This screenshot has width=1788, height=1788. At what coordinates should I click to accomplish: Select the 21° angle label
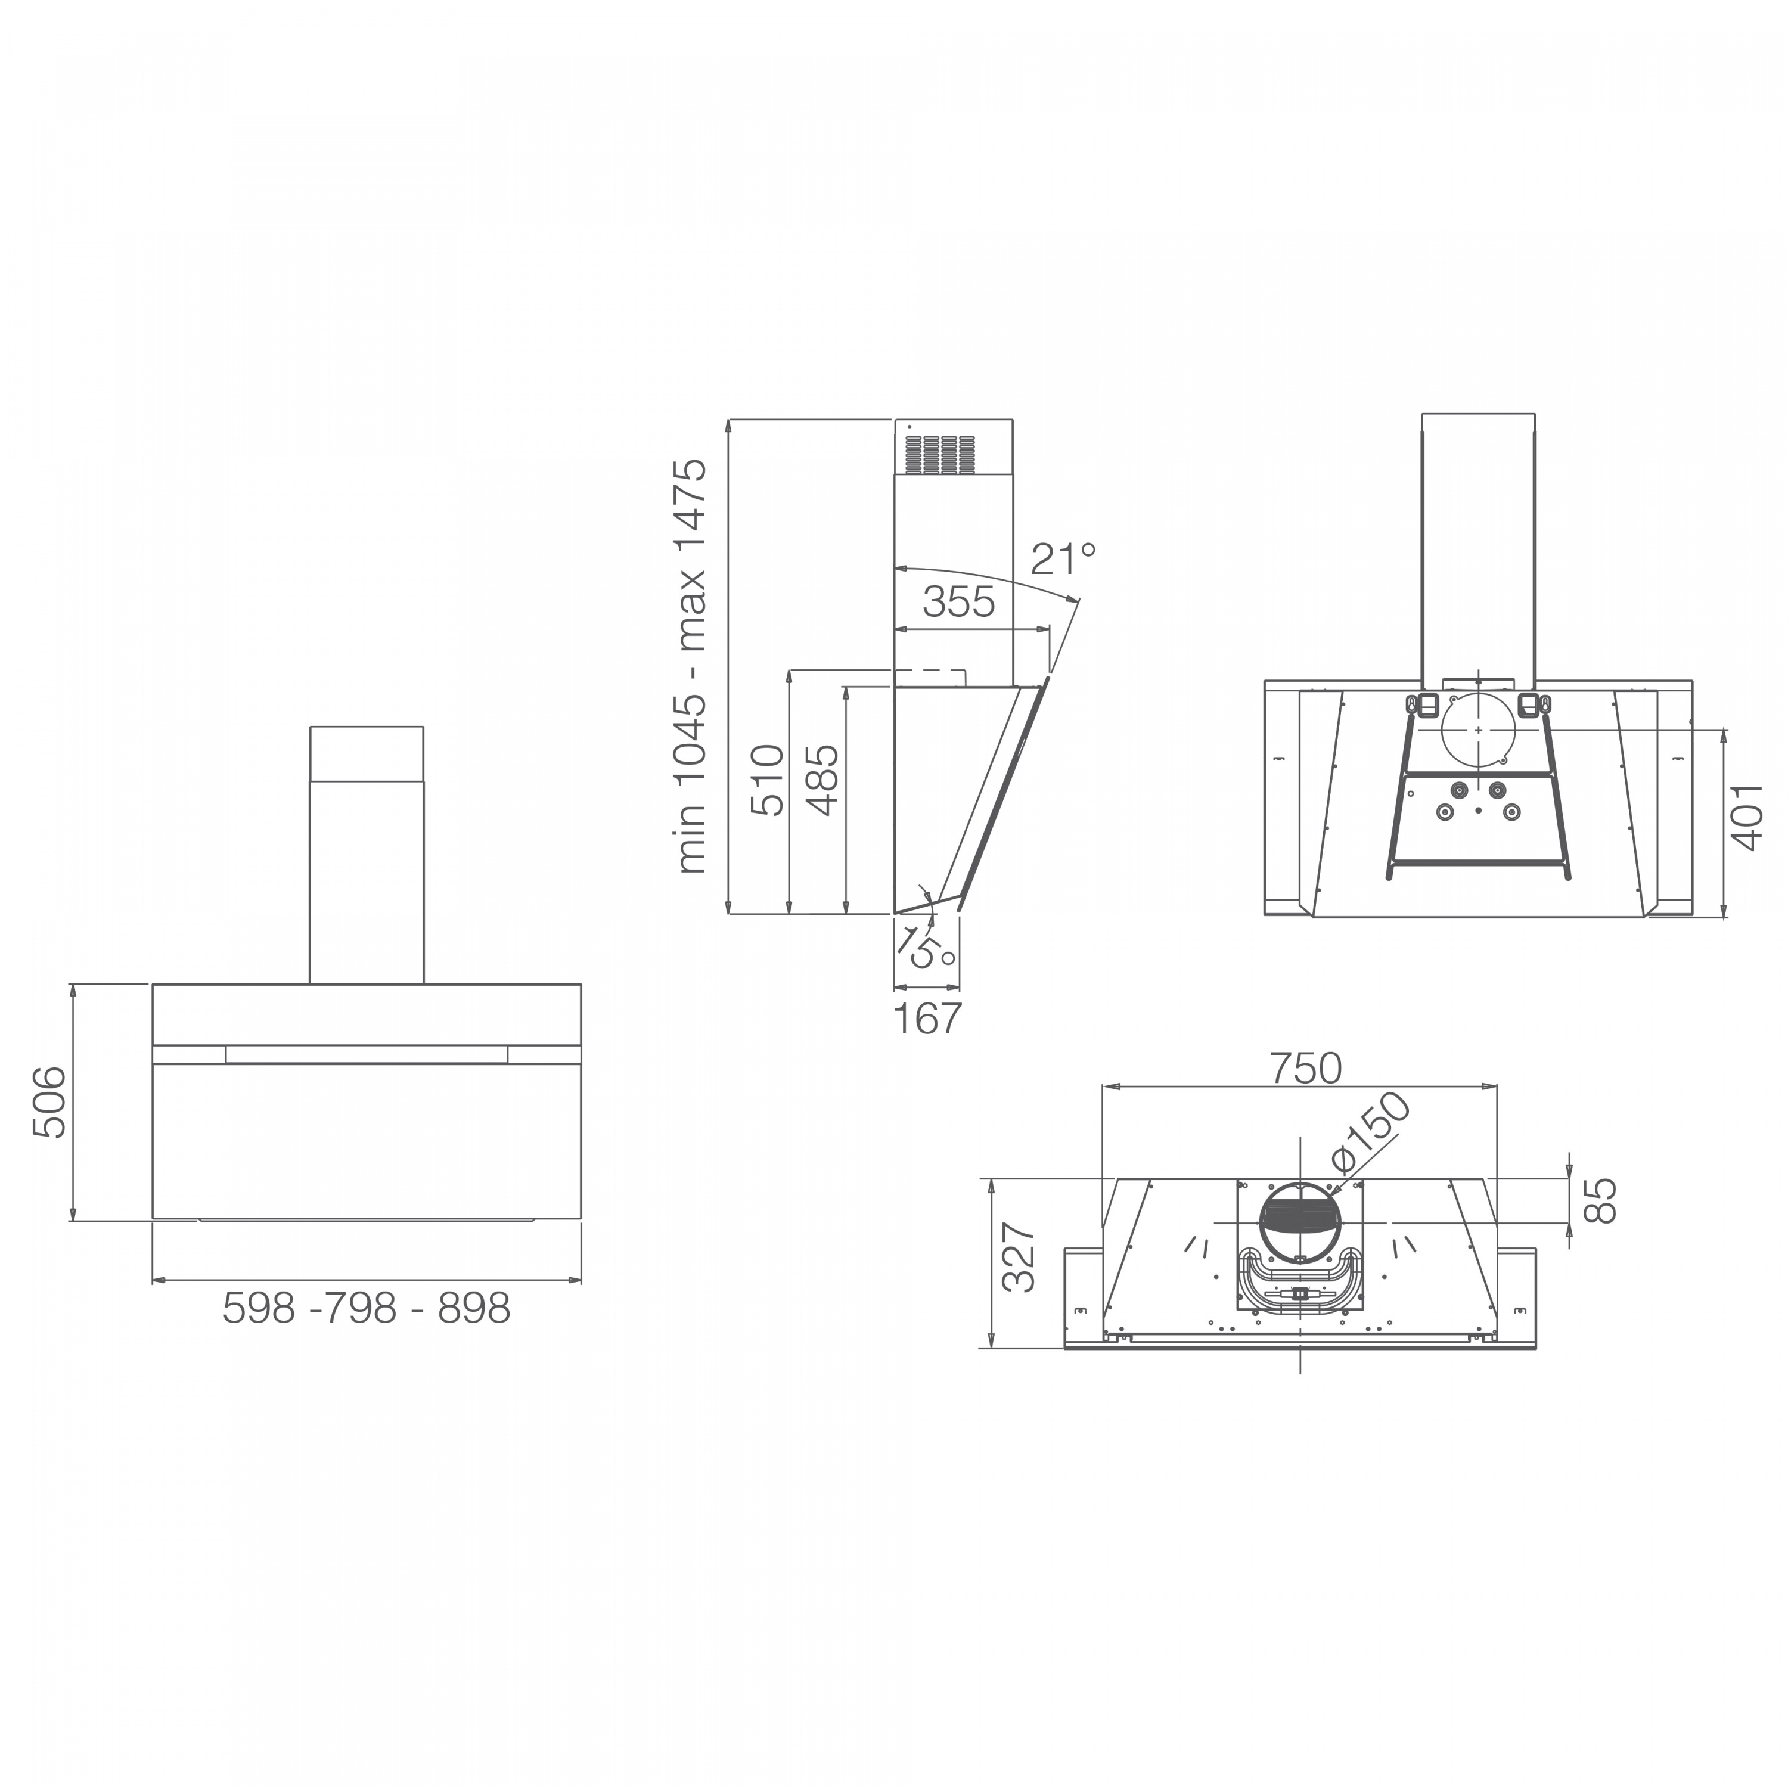coord(1063,559)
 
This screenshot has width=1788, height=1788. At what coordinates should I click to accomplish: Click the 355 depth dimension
coord(959,603)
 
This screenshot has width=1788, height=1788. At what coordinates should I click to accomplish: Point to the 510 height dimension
coord(767,780)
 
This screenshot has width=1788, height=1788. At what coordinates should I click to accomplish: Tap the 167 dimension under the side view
coord(927,1019)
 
